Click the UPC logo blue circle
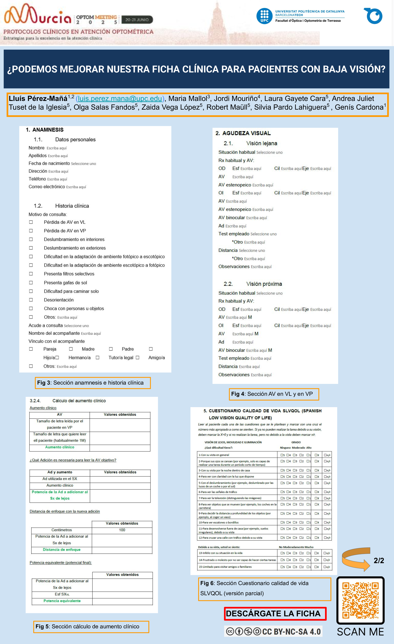point(264,16)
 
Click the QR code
point(360,600)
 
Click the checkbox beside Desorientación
point(31,300)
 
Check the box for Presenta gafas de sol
point(31,283)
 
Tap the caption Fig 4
point(273,394)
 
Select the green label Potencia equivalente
point(62,601)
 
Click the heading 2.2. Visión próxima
point(253,284)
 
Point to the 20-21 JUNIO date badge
point(137,20)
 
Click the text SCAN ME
point(360,632)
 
